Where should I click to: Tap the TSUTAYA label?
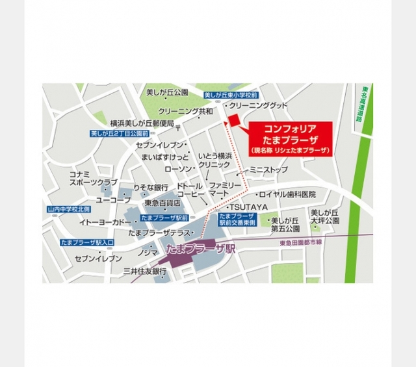point(248,206)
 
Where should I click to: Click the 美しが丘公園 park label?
point(166,92)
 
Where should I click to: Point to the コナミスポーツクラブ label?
point(94,179)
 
